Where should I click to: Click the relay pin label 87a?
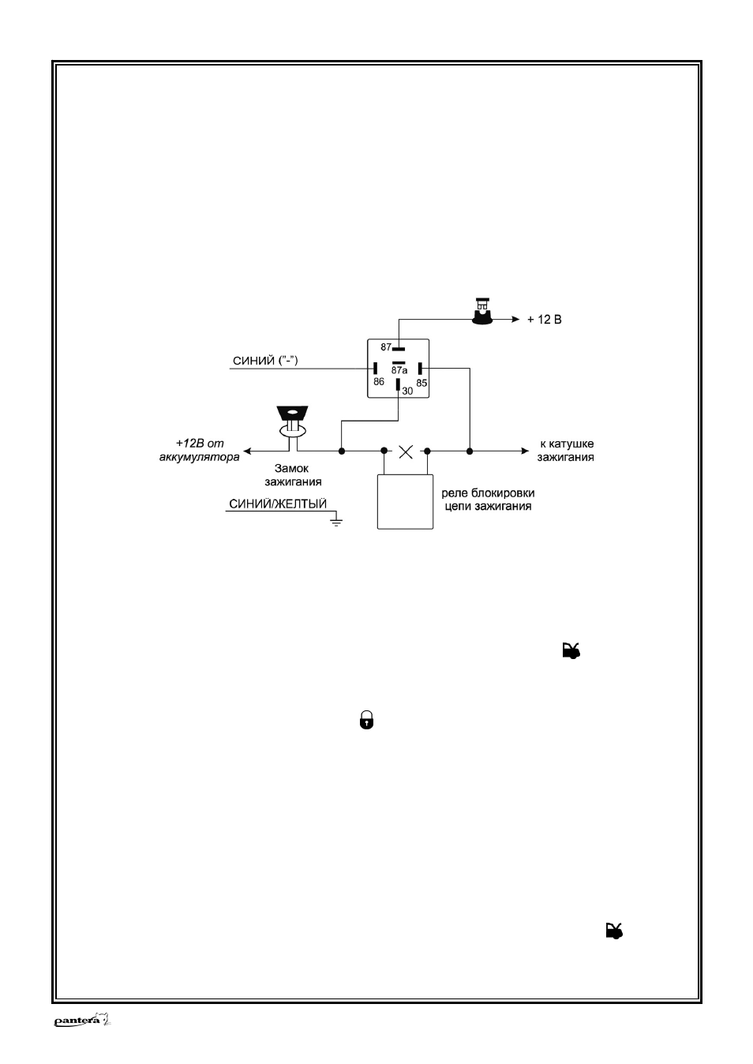(399, 370)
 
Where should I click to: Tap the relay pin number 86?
(379, 381)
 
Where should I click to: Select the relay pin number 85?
(421, 383)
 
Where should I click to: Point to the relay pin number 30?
(407, 391)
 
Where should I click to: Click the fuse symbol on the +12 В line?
(482, 312)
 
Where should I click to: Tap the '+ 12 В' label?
(545, 320)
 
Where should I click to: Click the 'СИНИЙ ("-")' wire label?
(265, 361)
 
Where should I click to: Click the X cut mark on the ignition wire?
(406, 451)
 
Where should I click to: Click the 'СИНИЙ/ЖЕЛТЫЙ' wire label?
(278, 504)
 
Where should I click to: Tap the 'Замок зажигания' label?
(293, 475)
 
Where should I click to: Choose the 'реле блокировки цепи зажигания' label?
(488, 500)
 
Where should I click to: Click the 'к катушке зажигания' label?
(566, 450)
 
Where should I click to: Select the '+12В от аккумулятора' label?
(200, 450)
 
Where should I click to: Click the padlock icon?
(366, 720)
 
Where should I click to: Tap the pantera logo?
(82, 1021)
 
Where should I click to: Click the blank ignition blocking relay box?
(405, 501)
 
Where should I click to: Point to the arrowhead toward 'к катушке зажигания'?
(525, 451)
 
